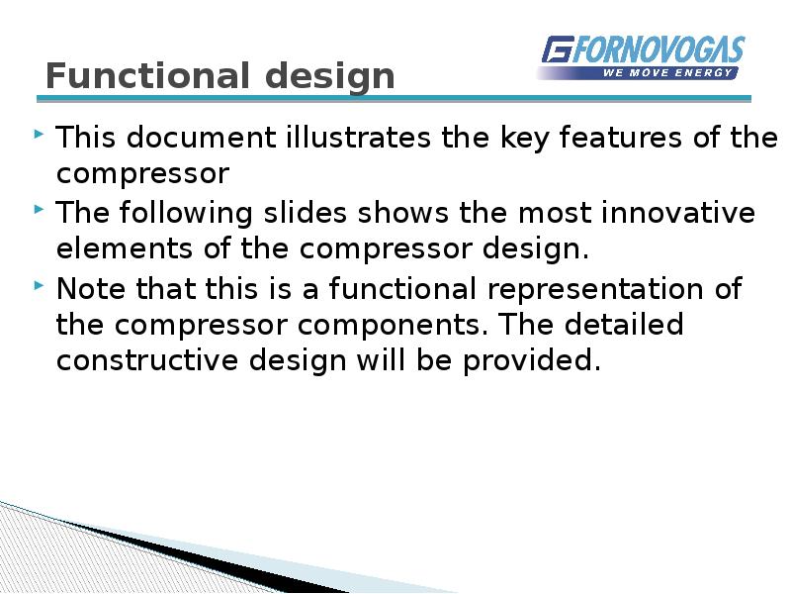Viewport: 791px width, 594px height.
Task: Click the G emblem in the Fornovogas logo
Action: (x=558, y=50)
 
